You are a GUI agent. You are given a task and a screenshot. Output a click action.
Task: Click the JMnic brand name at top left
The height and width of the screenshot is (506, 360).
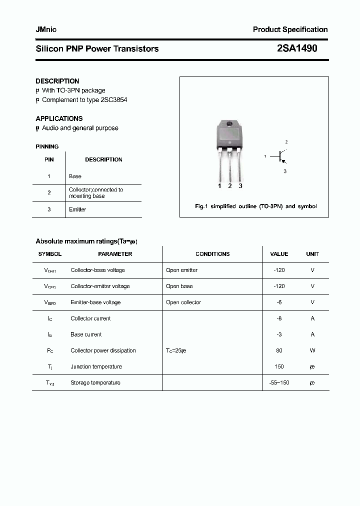(x=46, y=29)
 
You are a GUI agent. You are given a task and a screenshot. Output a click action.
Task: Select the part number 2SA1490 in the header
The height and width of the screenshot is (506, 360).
(x=296, y=48)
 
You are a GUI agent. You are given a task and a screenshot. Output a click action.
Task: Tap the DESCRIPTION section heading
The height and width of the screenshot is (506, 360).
(x=57, y=81)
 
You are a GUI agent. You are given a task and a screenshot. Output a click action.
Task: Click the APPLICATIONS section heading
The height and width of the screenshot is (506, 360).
(x=59, y=118)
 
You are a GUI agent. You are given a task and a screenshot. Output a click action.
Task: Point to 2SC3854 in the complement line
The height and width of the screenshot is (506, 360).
(x=114, y=100)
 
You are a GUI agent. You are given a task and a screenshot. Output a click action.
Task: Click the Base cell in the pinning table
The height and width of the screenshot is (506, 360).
(x=75, y=176)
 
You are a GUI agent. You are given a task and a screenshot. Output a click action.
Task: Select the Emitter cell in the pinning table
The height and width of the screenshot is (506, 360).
(x=77, y=209)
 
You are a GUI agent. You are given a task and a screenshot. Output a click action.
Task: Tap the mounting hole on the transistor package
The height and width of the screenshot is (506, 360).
(x=229, y=124)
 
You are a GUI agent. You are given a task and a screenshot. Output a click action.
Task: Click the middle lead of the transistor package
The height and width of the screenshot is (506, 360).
(x=229, y=167)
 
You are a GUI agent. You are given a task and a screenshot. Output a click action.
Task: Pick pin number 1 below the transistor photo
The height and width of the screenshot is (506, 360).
(x=219, y=186)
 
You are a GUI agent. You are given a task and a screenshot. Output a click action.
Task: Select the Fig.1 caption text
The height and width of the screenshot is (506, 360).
(x=255, y=206)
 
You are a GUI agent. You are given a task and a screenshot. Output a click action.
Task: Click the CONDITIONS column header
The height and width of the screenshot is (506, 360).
(x=212, y=254)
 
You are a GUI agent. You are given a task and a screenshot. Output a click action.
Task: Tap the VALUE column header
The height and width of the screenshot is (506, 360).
(x=279, y=254)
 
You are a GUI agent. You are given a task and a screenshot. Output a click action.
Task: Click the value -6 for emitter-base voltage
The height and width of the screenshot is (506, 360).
(x=279, y=302)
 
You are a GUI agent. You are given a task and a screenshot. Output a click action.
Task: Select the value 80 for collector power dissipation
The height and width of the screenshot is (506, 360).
(x=279, y=350)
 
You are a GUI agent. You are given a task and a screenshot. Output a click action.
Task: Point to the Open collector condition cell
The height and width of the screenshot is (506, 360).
(x=183, y=302)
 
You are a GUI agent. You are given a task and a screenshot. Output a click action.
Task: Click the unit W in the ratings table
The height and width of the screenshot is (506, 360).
(x=312, y=350)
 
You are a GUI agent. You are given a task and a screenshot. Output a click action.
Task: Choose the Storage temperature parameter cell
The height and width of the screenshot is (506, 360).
(x=95, y=383)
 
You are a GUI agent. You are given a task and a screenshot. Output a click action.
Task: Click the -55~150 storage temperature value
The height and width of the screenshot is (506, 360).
(x=279, y=383)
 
